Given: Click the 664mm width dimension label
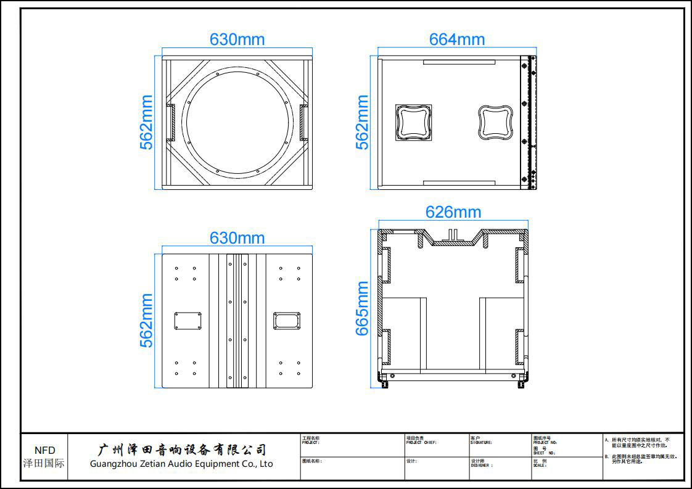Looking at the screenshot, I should (456, 39).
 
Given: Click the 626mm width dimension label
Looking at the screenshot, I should (453, 212).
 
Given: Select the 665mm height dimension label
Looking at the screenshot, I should (363, 308).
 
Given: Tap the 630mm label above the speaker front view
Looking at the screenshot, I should (237, 39).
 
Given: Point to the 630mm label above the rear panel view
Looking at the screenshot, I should (237, 238).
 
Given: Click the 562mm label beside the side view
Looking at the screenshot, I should (363, 122).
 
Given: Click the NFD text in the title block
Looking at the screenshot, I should (44, 451).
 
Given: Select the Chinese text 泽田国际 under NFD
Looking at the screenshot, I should (44, 463).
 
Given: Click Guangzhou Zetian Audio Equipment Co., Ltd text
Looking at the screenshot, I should (181, 464).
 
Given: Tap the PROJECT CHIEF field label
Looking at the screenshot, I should (421, 443).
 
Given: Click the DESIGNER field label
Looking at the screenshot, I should (482, 466).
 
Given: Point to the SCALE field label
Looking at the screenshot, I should (540, 466).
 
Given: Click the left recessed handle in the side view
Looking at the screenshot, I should (413, 121).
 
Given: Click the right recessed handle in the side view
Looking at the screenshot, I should (496, 121).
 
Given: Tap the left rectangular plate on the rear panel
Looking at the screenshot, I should (188, 321).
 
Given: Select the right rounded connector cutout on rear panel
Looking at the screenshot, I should (287, 321).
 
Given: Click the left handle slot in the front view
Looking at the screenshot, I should (170, 122).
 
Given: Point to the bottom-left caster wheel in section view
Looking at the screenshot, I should (385, 382).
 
